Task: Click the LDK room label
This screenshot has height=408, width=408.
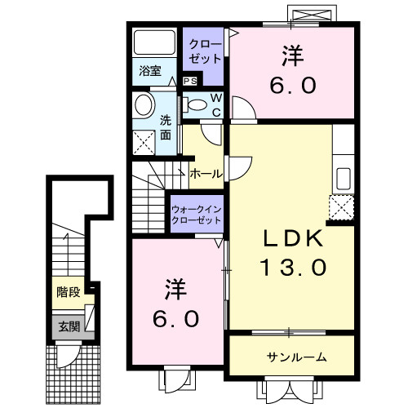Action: [x=294, y=239]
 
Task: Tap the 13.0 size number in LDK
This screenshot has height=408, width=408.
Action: [x=294, y=266]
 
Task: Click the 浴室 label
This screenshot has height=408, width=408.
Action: [x=149, y=69]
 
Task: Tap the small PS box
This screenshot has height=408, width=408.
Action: [x=189, y=81]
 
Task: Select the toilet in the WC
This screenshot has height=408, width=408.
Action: [x=196, y=104]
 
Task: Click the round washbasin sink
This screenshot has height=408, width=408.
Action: [x=144, y=105]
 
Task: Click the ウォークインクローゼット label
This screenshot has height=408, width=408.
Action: [x=197, y=214]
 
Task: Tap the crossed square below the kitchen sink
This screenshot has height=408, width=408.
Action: [x=341, y=208]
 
